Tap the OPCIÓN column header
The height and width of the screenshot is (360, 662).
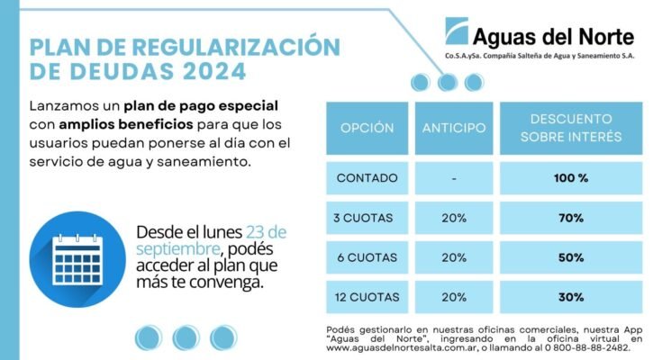pyautogui.click(x=367, y=128)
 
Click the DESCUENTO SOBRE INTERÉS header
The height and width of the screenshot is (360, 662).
pyautogui.click(x=571, y=128)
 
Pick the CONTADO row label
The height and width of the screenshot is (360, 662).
pyautogui.click(x=367, y=178)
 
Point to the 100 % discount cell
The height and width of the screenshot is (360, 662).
pyautogui.click(x=571, y=178)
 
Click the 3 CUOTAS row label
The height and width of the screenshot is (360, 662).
pyautogui.click(x=367, y=218)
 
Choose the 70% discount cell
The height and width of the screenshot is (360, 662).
pyautogui.click(x=571, y=218)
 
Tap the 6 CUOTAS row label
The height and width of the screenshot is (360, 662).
pyautogui.click(x=367, y=257)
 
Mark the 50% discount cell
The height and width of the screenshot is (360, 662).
pyautogui.click(x=571, y=257)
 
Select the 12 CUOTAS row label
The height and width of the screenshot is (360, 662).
pyautogui.click(x=367, y=297)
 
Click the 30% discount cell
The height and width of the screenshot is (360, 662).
pyautogui.click(x=571, y=297)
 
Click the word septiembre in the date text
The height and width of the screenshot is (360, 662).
pyautogui.click(x=177, y=247)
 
